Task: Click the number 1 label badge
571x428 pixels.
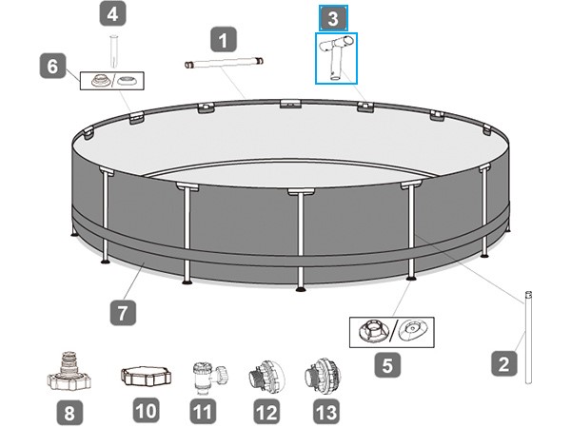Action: point(224,40)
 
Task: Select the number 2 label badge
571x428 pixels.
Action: point(504,363)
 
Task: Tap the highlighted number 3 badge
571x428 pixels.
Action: point(333,18)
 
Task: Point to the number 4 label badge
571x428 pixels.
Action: point(113,13)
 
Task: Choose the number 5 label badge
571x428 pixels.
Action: point(387,364)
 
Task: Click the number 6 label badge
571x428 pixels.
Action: point(52,66)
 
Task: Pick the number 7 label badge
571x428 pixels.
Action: point(123,312)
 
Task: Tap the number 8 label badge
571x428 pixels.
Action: point(69,413)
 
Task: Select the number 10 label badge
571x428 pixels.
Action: point(146,410)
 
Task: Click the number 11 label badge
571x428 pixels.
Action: point(204,412)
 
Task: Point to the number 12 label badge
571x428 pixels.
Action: point(266,412)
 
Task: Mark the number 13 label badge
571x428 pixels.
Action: point(325,412)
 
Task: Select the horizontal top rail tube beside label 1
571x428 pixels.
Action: point(224,63)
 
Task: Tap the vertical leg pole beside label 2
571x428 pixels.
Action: point(528,337)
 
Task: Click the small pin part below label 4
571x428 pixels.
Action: point(114,51)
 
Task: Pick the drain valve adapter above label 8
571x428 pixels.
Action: point(69,371)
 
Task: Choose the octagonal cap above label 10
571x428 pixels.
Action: point(146,376)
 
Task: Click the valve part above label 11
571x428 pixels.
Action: point(208,378)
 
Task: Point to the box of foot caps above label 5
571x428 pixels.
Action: point(392,332)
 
